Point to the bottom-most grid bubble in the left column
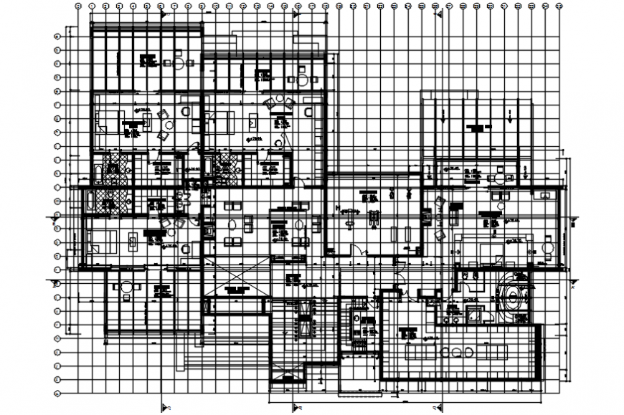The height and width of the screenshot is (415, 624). tap(57, 393)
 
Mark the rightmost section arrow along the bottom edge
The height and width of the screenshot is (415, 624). tap(438, 407)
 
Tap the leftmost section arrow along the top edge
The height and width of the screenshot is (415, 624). tap(164, 13)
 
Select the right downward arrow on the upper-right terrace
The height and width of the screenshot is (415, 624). tap(510, 115)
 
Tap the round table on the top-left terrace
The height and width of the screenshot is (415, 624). tap(178, 62)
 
